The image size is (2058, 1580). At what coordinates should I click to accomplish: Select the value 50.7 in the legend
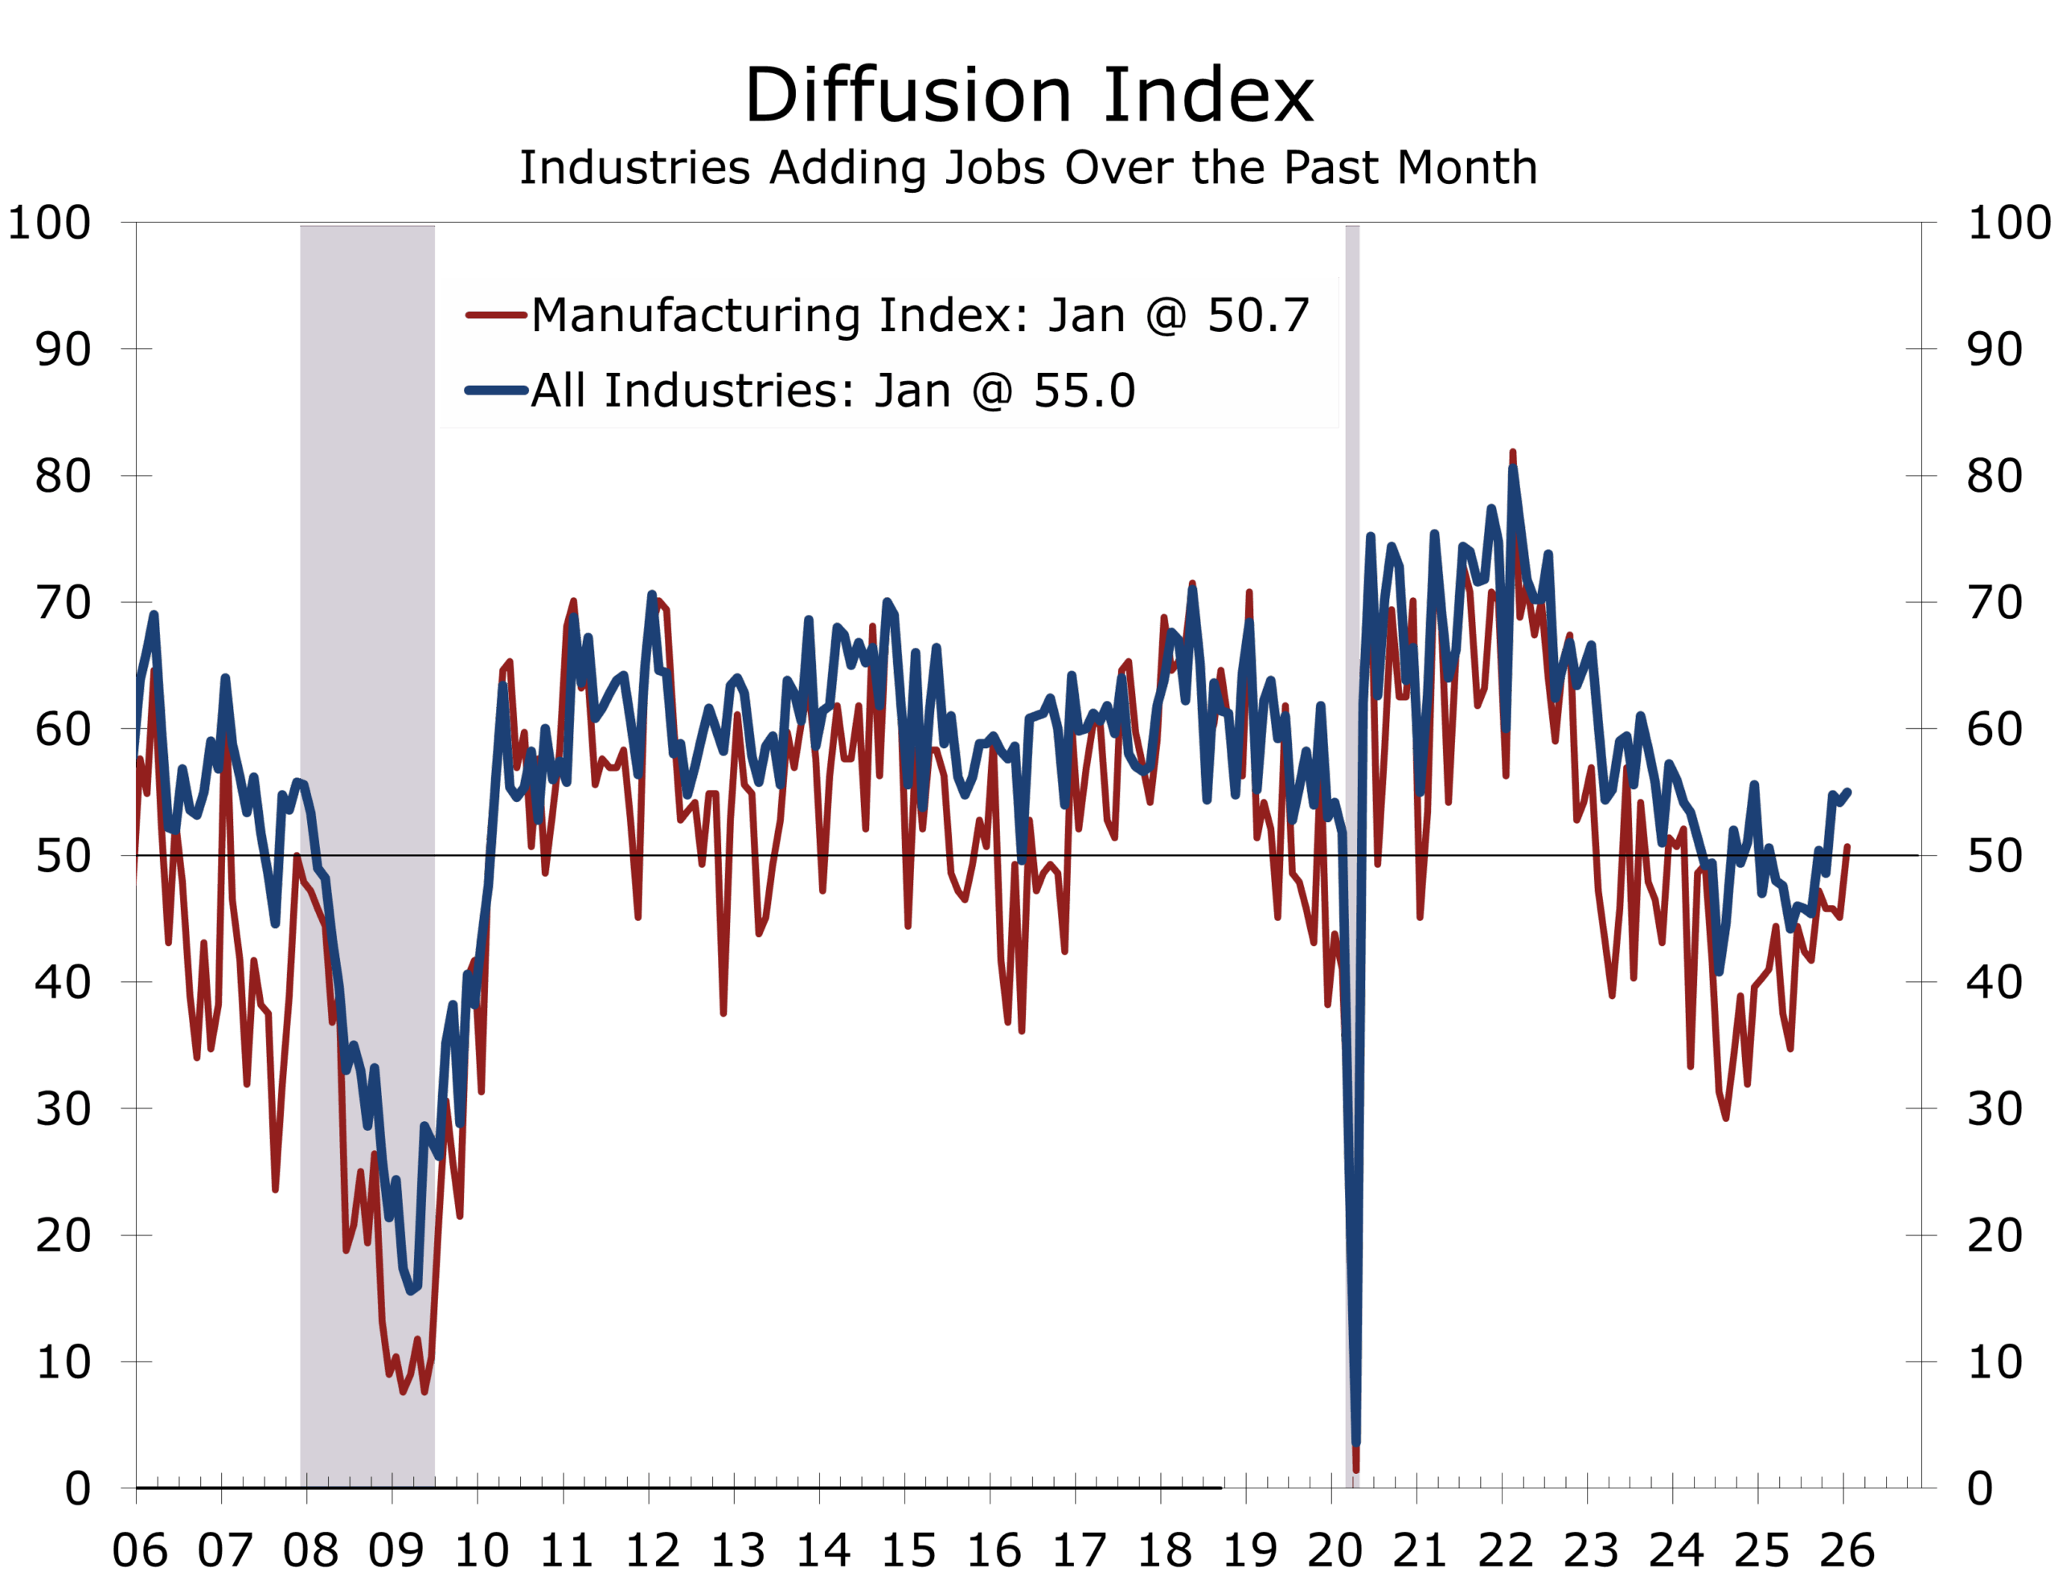[x=1258, y=315]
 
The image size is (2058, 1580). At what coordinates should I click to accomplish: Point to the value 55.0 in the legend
[x=1084, y=391]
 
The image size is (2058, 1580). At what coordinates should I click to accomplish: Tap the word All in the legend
[x=560, y=391]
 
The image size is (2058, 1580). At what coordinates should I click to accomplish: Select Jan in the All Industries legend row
[x=912, y=391]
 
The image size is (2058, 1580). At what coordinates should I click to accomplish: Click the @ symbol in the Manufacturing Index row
[x=1166, y=315]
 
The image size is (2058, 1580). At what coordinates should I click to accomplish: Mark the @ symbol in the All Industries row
[x=992, y=391]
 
